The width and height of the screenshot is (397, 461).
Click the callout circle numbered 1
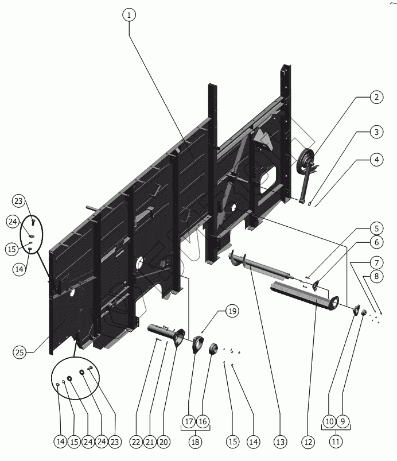click(130, 16)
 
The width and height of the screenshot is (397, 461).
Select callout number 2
click(376, 98)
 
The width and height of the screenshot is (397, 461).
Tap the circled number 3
click(376, 133)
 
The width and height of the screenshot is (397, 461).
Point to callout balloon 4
click(376, 160)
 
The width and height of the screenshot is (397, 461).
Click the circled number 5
click(376, 227)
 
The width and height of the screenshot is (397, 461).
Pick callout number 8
click(376, 276)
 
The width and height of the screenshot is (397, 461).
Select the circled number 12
click(308, 441)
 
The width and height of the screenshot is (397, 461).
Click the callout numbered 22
click(135, 441)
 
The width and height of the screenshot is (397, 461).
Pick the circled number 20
click(164, 441)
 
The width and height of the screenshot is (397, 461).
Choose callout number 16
click(203, 421)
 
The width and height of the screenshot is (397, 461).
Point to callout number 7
click(376, 262)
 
